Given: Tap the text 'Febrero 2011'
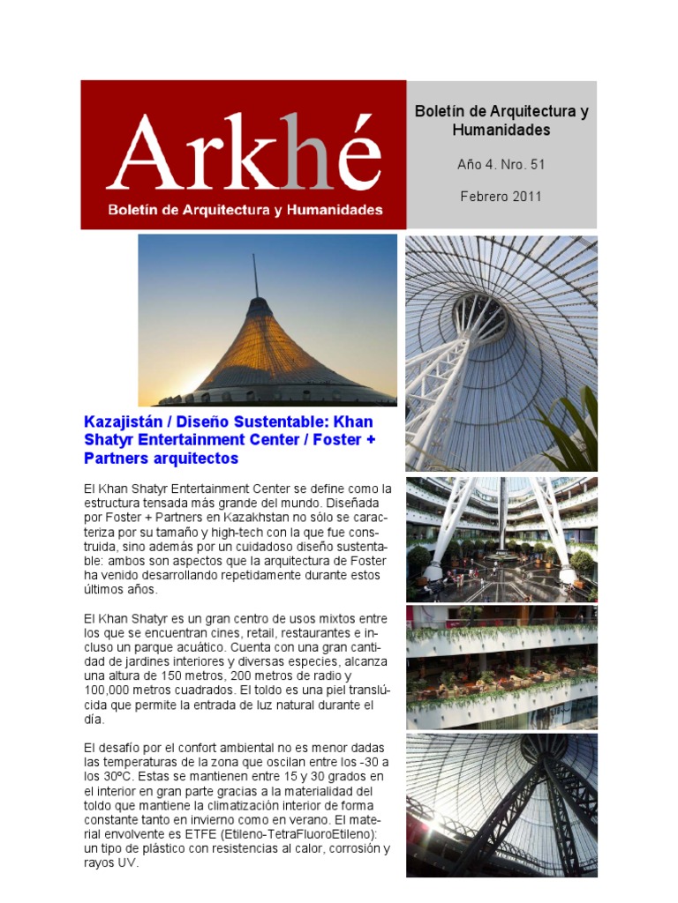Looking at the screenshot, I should [501, 196].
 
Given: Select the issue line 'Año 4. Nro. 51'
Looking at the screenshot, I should [501, 164].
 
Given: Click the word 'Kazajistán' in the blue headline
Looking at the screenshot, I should [125, 422].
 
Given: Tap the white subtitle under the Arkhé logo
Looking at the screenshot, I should [245, 210].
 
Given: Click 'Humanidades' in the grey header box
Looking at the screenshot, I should [501, 130].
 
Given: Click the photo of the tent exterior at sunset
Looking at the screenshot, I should [267, 319].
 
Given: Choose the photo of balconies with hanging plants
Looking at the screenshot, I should [501, 667].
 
